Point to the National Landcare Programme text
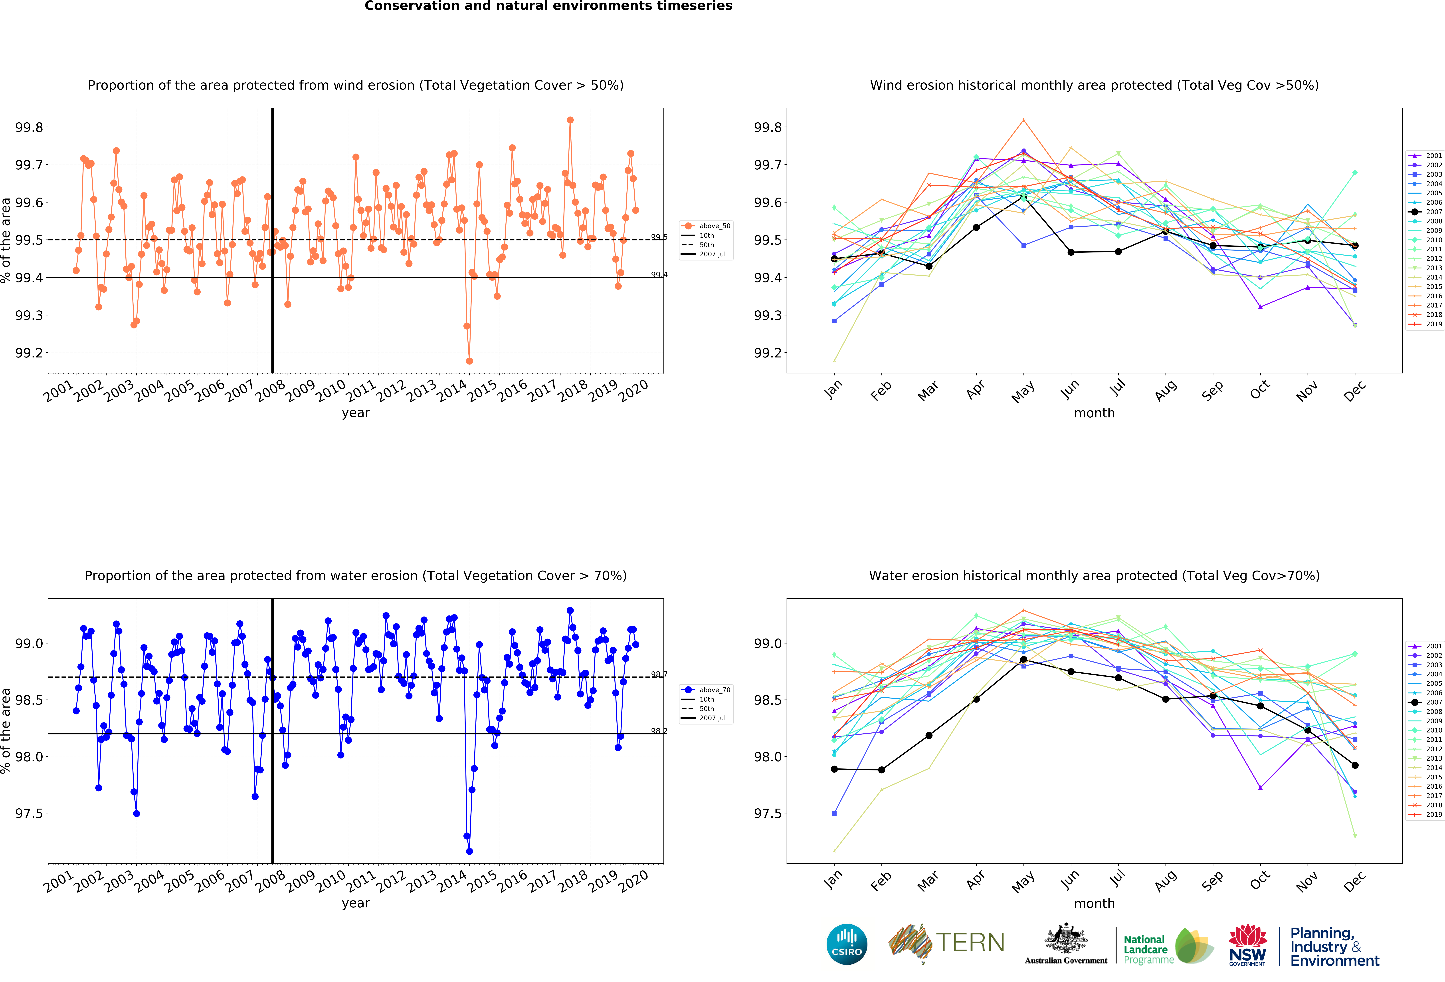pyautogui.click(x=1145, y=950)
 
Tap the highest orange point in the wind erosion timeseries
pyautogui.click(x=570, y=120)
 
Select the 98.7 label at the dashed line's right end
pyautogui.click(x=659, y=674)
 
